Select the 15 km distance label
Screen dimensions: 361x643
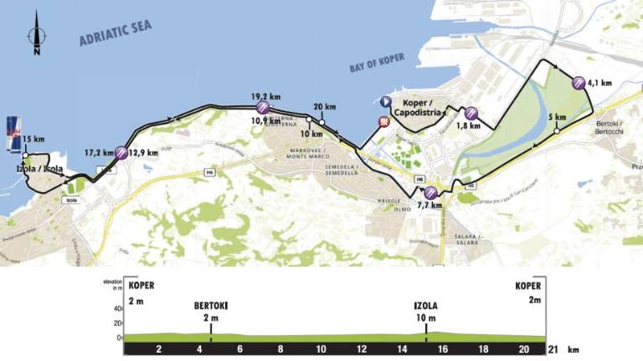pyautogui.click(x=33, y=138)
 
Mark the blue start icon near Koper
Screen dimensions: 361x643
pyautogui.click(x=385, y=102)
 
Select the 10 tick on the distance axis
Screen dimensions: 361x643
pyautogui.click(x=321, y=348)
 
